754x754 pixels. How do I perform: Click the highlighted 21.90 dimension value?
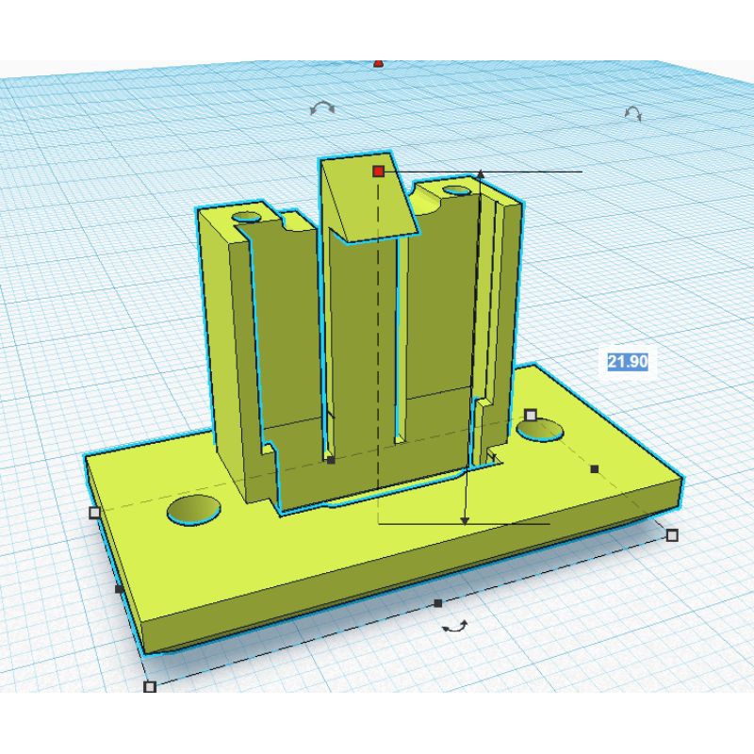tap(628, 361)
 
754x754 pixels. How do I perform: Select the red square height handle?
tap(379, 171)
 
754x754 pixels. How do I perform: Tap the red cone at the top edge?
tap(379, 63)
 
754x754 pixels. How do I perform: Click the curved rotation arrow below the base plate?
tap(455, 626)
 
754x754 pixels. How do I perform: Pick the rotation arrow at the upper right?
tap(632, 113)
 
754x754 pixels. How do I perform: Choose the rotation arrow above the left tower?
tap(322, 107)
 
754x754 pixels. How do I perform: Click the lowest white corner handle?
tap(150, 686)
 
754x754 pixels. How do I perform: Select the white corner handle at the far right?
tap(672, 534)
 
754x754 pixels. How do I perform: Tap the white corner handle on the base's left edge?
tap(95, 513)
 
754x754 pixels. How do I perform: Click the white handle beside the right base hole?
tap(530, 415)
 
